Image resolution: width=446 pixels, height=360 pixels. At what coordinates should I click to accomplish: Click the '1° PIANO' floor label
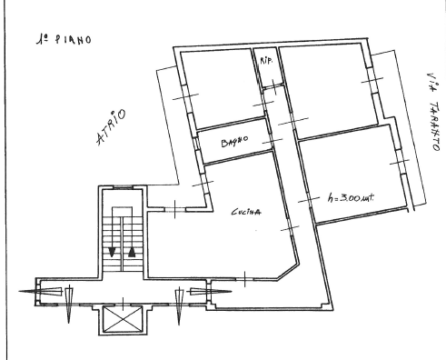pos(64,40)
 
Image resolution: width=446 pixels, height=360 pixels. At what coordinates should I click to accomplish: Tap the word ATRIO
pos(111,126)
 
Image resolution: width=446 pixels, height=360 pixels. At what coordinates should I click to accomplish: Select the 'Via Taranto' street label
pos(433,112)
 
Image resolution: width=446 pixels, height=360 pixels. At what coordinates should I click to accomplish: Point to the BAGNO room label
pos(234,141)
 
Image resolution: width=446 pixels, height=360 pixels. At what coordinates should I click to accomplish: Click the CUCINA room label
pos(246,212)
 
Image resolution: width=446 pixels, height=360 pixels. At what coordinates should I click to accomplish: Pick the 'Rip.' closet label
pos(266,60)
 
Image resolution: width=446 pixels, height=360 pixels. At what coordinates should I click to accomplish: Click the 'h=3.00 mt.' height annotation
pos(351,198)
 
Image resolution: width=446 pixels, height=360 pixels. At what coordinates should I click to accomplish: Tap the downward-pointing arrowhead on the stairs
pos(112,252)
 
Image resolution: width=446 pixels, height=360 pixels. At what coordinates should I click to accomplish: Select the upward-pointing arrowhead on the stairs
pos(132,252)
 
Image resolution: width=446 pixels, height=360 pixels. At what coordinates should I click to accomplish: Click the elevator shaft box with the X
pos(123,319)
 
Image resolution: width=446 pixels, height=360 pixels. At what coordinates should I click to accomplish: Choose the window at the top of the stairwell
pos(123,187)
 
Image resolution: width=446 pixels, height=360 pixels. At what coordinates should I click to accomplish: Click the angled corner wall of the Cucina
pos(287,272)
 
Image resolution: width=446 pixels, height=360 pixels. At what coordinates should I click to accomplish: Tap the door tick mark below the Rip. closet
pos(274,87)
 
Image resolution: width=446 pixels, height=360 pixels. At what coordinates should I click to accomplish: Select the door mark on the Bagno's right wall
pos(273,141)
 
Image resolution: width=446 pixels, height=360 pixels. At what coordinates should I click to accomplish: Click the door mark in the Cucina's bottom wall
pos(245,279)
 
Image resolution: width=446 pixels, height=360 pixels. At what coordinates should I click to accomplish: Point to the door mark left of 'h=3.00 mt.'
pos(309,200)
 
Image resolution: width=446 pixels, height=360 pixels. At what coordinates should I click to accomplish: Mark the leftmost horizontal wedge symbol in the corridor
pos(41,291)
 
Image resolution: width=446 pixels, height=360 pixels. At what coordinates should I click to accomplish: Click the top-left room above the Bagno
pos(223,88)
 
